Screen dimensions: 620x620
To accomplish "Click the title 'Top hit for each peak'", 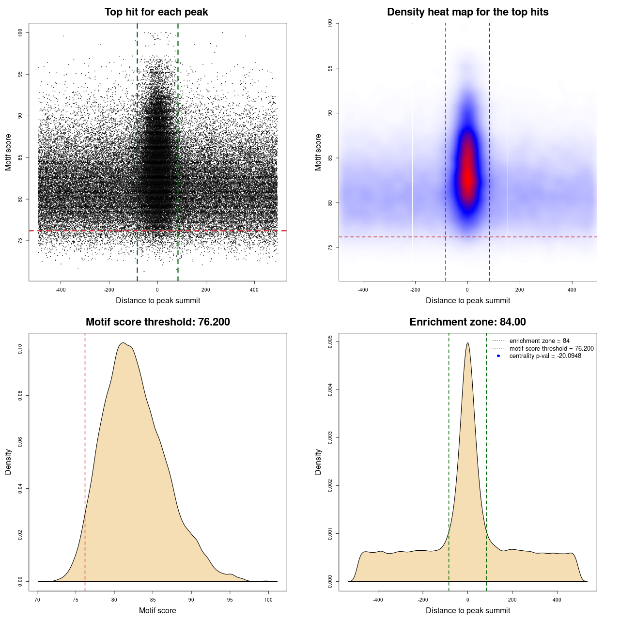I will (x=156, y=12).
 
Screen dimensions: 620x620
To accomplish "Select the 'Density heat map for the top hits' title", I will (x=467, y=12).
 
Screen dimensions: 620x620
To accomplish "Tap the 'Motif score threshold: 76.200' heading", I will (x=157, y=322).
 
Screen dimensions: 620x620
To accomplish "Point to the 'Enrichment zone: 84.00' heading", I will (x=467, y=322).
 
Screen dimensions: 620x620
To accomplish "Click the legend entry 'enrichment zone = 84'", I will (x=539, y=341).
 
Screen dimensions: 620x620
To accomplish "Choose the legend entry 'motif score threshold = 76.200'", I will (x=551, y=348).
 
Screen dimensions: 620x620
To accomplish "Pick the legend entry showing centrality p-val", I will (x=545, y=356).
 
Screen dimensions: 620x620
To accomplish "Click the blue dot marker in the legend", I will (x=498, y=356).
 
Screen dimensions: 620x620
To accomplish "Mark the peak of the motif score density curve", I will (x=124, y=343).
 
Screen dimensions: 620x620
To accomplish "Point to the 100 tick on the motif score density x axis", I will (x=268, y=600).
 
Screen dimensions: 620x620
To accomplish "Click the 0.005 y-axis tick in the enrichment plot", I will (x=330, y=341).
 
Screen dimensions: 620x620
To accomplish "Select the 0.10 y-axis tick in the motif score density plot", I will (x=20, y=349).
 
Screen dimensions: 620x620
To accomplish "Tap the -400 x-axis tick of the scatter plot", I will (x=61, y=290).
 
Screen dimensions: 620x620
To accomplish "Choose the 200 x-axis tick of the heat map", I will (x=520, y=290).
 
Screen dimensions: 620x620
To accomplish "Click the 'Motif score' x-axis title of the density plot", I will (x=157, y=610).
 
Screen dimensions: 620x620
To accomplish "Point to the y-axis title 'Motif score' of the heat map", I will (x=318, y=152).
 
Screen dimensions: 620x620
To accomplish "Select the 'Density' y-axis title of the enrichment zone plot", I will (x=318, y=462).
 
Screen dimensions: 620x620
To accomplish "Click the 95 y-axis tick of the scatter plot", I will (x=20, y=74).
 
